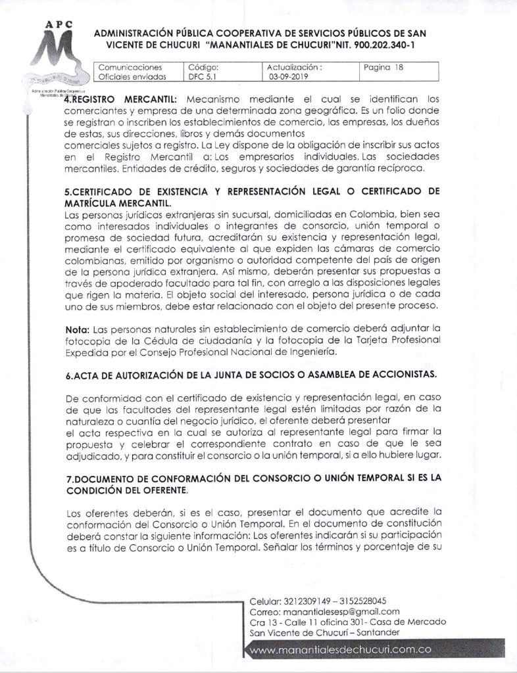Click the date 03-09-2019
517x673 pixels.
(x=288, y=76)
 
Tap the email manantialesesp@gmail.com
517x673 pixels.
(x=339, y=611)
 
